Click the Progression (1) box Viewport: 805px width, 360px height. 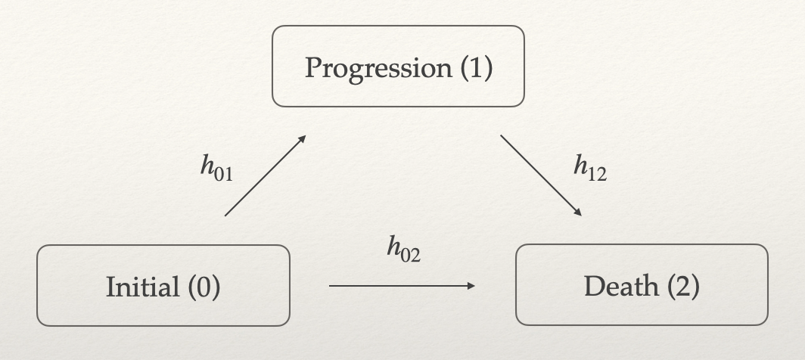click(398, 67)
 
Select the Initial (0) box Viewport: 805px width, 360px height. click(163, 286)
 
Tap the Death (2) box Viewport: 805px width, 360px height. click(642, 285)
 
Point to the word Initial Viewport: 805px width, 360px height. click(138, 287)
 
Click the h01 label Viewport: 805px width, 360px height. click(216, 168)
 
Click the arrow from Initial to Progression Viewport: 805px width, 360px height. click(265, 176)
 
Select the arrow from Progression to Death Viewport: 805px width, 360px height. click(540, 175)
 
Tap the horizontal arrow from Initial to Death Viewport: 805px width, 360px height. click(401, 286)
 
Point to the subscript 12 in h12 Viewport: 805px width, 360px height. click(598, 175)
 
